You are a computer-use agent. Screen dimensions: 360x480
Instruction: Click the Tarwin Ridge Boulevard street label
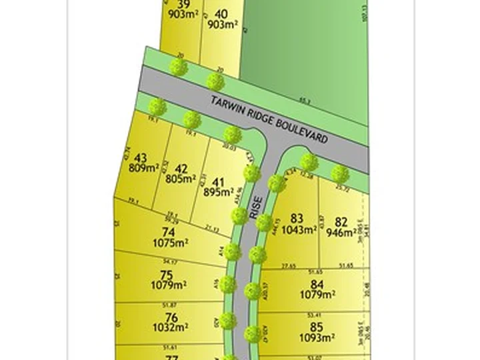(x=269, y=121)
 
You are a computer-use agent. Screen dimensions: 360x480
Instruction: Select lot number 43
(x=141, y=158)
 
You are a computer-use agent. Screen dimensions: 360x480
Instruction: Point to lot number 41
(x=218, y=181)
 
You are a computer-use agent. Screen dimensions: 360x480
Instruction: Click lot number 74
(x=169, y=233)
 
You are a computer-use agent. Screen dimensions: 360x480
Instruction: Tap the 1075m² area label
(x=169, y=243)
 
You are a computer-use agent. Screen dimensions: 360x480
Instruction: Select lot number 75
(x=167, y=275)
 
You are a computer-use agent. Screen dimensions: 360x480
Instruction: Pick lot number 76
(x=171, y=317)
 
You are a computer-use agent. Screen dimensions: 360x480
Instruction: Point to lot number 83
(x=297, y=218)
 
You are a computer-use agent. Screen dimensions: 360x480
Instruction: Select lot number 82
(x=341, y=222)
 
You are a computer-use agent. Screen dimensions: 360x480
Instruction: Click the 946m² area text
(x=341, y=233)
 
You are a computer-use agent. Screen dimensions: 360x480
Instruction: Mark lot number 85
(x=316, y=327)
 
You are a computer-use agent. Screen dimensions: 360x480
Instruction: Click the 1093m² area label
(x=316, y=338)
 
